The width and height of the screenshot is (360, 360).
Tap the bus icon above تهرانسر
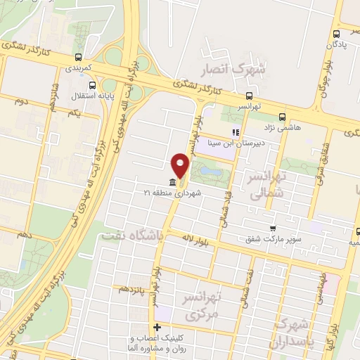(x=249, y=96)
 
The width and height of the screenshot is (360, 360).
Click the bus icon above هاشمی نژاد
(x=282, y=117)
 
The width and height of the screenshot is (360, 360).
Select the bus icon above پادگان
(x=337, y=33)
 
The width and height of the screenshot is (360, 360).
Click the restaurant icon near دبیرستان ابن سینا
(x=236, y=131)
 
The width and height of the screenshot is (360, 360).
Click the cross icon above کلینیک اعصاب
(x=157, y=326)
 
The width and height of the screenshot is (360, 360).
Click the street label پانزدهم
(x=131, y=288)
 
